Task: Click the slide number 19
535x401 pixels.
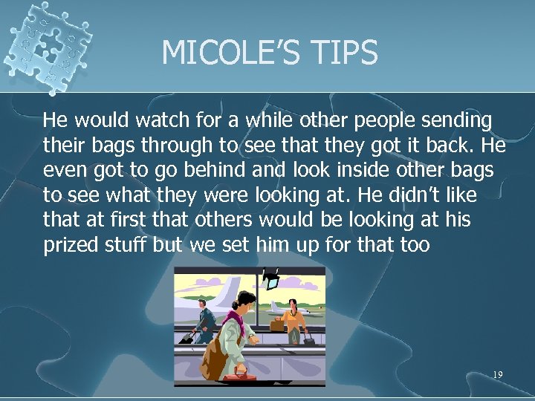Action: (498, 375)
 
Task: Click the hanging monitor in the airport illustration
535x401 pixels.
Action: (271, 281)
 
